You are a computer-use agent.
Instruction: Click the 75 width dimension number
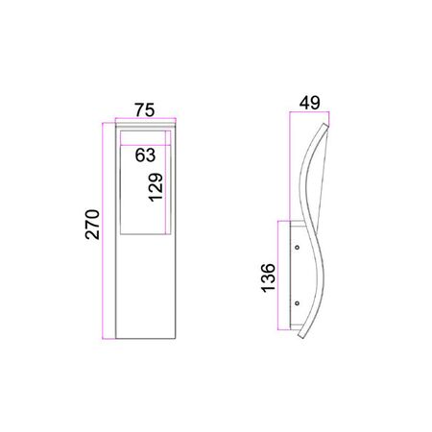(x=144, y=109)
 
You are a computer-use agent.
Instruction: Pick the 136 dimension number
(x=269, y=277)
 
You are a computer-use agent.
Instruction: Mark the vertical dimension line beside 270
(x=104, y=230)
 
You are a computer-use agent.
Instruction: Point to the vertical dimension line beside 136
(x=279, y=277)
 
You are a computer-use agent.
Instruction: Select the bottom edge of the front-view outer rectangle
(x=144, y=339)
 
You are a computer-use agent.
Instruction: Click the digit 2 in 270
(x=92, y=244)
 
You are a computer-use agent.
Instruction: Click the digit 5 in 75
(x=151, y=109)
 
